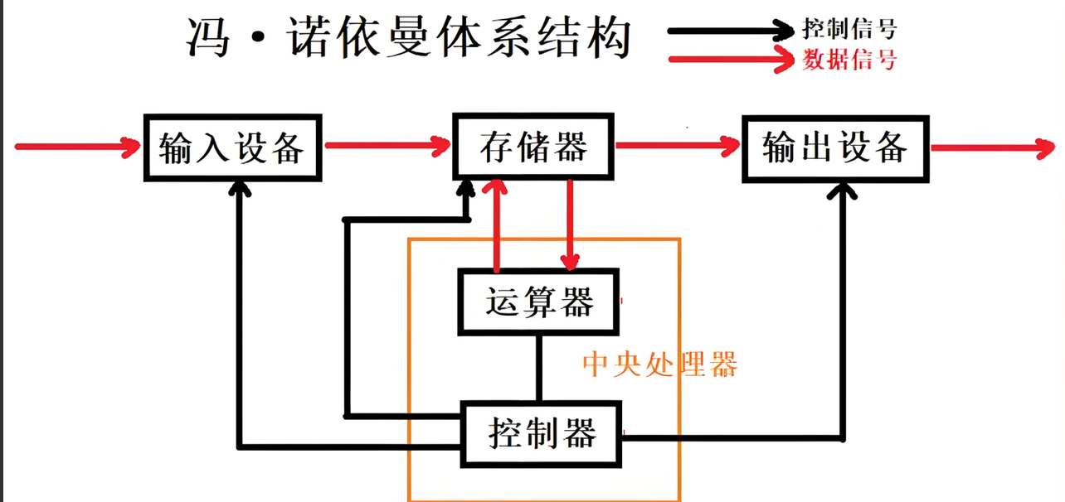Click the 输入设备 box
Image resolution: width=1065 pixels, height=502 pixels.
click(231, 147)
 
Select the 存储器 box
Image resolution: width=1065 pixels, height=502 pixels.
click(532, 147)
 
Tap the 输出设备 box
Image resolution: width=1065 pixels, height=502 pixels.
click(834, 147)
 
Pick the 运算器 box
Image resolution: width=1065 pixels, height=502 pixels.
click(539, 302)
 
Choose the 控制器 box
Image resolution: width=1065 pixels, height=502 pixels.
click(541, 432)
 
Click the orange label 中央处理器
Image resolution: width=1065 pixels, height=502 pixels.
click(659, 364)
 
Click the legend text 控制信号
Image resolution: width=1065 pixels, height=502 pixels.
click(849, 31)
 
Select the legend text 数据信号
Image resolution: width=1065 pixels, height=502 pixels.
click(849, 60)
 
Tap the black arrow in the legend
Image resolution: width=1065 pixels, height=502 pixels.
click(730, 31)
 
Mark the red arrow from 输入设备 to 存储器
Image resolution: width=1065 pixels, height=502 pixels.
click(387, 147)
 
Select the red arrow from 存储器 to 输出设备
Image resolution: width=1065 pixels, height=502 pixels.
click(677, 147)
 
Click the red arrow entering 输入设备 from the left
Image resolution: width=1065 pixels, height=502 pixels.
click(79, 147)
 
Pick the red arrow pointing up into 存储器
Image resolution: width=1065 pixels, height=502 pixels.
click(497, 224)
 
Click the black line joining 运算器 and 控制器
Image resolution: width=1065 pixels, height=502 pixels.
click(539, 368)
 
